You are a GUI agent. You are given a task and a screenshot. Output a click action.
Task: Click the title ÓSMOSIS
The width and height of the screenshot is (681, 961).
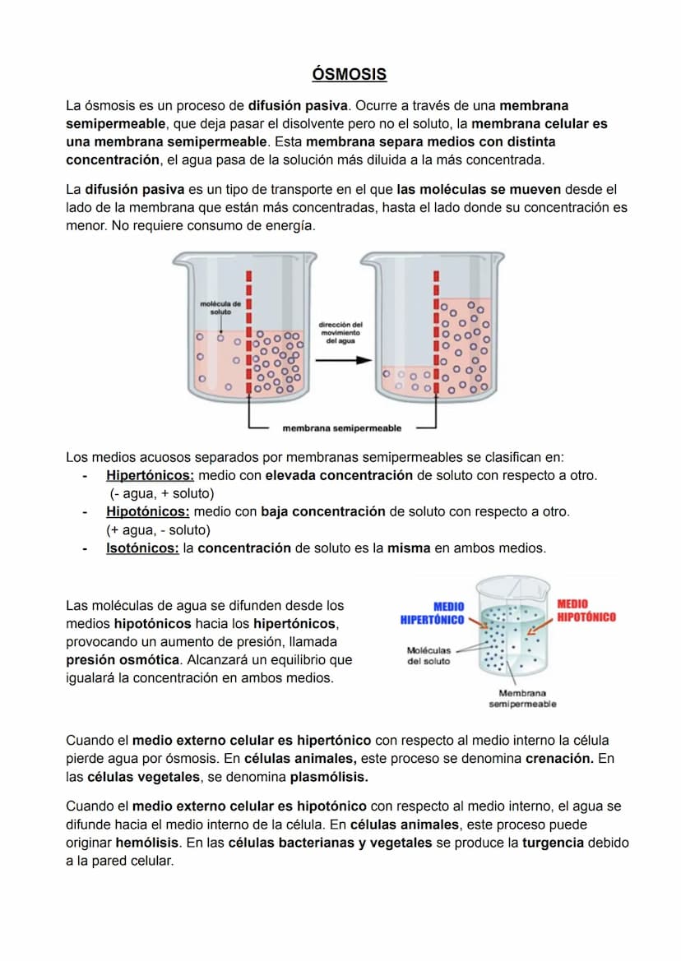350,75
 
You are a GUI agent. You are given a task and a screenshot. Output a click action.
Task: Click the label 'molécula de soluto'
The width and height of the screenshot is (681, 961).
220,308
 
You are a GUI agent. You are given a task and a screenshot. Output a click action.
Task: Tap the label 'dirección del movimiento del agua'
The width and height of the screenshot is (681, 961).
340,332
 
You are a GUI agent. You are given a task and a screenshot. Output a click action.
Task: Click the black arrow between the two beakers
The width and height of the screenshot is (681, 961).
340,362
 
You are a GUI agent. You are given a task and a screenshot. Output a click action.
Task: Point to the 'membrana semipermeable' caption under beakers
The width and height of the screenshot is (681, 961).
342,427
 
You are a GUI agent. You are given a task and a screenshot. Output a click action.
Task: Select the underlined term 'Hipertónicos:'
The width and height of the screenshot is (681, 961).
150,475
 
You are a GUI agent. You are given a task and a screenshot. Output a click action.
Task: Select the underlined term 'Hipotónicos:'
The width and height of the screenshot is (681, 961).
147,511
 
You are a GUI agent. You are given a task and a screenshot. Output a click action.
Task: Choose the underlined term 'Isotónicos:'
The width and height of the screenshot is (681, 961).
142,547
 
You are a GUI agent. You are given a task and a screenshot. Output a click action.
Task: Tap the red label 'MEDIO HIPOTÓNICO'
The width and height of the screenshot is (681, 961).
586,611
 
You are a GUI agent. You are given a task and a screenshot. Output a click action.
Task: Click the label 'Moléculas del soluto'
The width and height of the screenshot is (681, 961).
429,655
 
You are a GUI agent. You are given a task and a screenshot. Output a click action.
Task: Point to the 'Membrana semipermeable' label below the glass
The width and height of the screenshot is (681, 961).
522,699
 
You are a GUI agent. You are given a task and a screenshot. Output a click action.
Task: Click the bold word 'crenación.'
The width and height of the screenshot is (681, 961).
560,758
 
